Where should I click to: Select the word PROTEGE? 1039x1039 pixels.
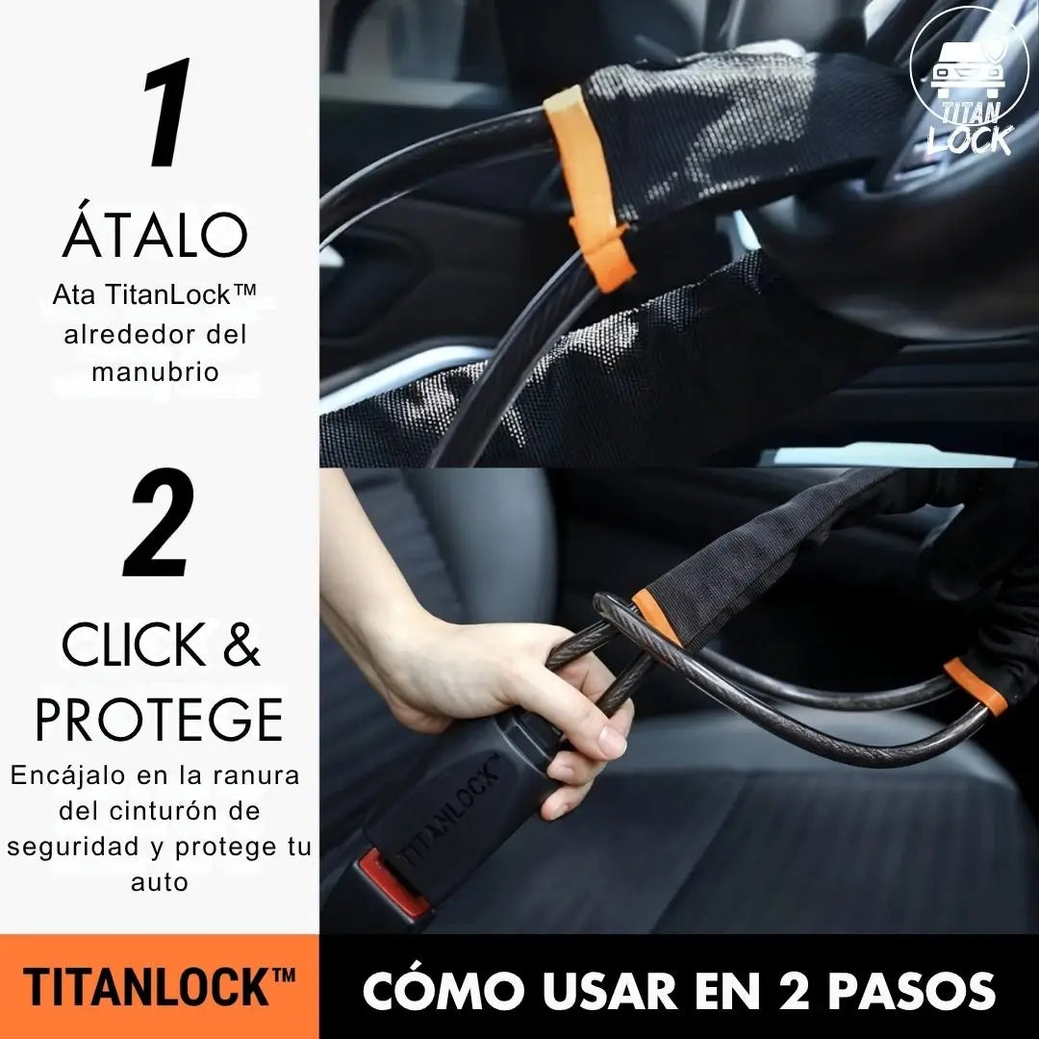(159, 720)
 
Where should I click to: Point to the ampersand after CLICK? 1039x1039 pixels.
(241, 646)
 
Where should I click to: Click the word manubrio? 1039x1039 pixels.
(155, 371)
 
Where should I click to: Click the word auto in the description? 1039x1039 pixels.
(159, 881)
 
